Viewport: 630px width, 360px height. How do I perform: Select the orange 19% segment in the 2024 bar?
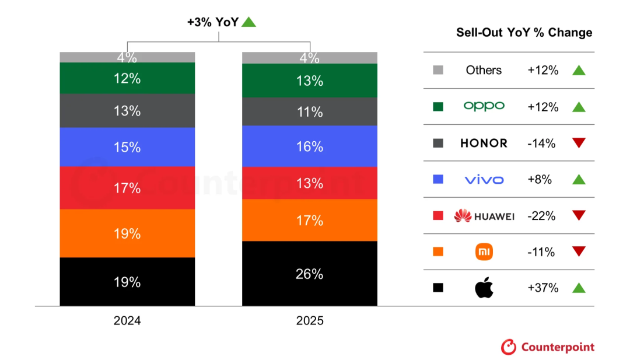127,233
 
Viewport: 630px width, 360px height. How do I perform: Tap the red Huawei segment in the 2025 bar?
309,183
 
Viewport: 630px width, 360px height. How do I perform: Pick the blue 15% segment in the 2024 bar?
127,147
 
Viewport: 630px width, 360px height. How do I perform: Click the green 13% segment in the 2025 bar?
309,81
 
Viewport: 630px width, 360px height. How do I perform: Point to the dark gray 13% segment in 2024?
127,111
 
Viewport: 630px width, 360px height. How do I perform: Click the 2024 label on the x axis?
128,321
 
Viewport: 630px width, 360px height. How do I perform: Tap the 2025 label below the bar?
309,321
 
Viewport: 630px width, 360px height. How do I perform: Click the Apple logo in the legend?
484,288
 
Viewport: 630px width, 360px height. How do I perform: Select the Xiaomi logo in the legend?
484,252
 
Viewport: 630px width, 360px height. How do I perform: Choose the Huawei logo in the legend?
484,216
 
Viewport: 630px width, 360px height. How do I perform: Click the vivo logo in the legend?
484,180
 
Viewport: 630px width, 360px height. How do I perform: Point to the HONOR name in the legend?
484,143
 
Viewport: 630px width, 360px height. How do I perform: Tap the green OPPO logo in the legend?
484,106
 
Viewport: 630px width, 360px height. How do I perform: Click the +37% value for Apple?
542,288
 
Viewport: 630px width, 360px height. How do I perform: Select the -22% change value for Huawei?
541,216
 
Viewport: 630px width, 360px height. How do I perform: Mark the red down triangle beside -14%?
578,143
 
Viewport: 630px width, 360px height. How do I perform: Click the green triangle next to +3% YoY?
249,22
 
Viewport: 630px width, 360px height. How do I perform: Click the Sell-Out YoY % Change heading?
524,33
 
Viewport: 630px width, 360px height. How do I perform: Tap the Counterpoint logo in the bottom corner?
548,347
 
